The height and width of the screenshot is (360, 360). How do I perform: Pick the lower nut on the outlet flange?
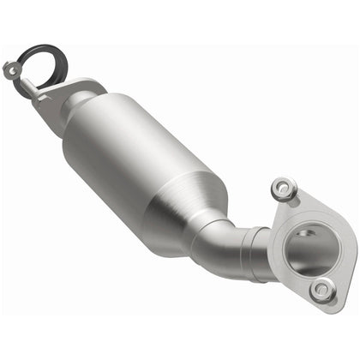323,291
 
